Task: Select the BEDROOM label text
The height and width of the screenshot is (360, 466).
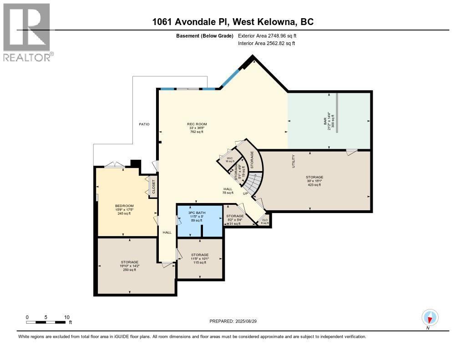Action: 124,206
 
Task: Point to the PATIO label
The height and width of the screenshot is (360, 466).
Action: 144,124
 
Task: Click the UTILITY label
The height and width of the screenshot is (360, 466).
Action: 294,162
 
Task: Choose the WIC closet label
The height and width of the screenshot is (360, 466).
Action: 230,158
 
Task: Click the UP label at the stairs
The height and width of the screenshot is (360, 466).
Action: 245,193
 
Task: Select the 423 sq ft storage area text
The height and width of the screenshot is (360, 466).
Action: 314,185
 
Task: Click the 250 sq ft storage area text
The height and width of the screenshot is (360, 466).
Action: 129,270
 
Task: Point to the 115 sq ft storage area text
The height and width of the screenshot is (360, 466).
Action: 200,263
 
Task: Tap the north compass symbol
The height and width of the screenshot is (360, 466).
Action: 430,318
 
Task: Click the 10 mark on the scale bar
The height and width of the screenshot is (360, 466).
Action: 66,317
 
